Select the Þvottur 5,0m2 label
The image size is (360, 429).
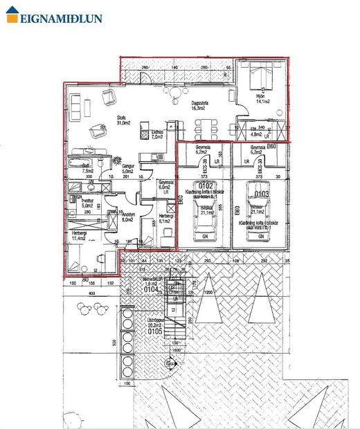point(88,203)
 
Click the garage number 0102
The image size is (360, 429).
point(206,185)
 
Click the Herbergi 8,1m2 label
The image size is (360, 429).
point(165,218)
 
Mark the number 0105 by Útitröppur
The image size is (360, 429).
point(155,331)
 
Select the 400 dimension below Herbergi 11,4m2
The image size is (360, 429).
point(90,293)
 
